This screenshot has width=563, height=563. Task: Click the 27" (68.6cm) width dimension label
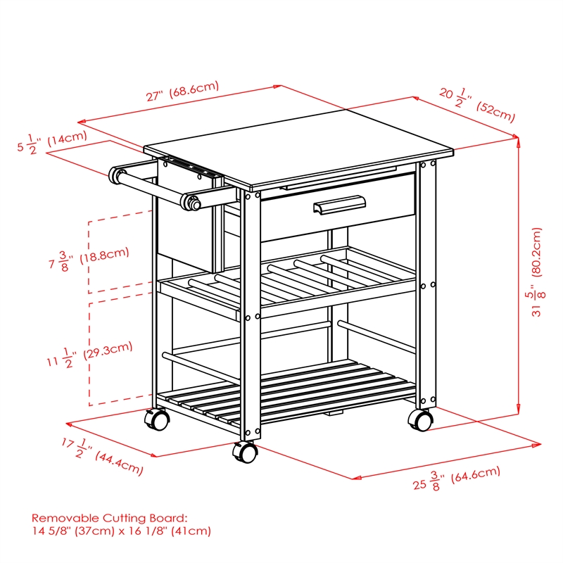coord(182,93)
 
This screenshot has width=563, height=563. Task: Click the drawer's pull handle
coord(340,205)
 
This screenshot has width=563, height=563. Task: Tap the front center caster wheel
coord(246,452)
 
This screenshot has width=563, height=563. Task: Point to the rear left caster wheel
coord(158,419)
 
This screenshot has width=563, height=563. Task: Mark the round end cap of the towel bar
coord(191,203)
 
